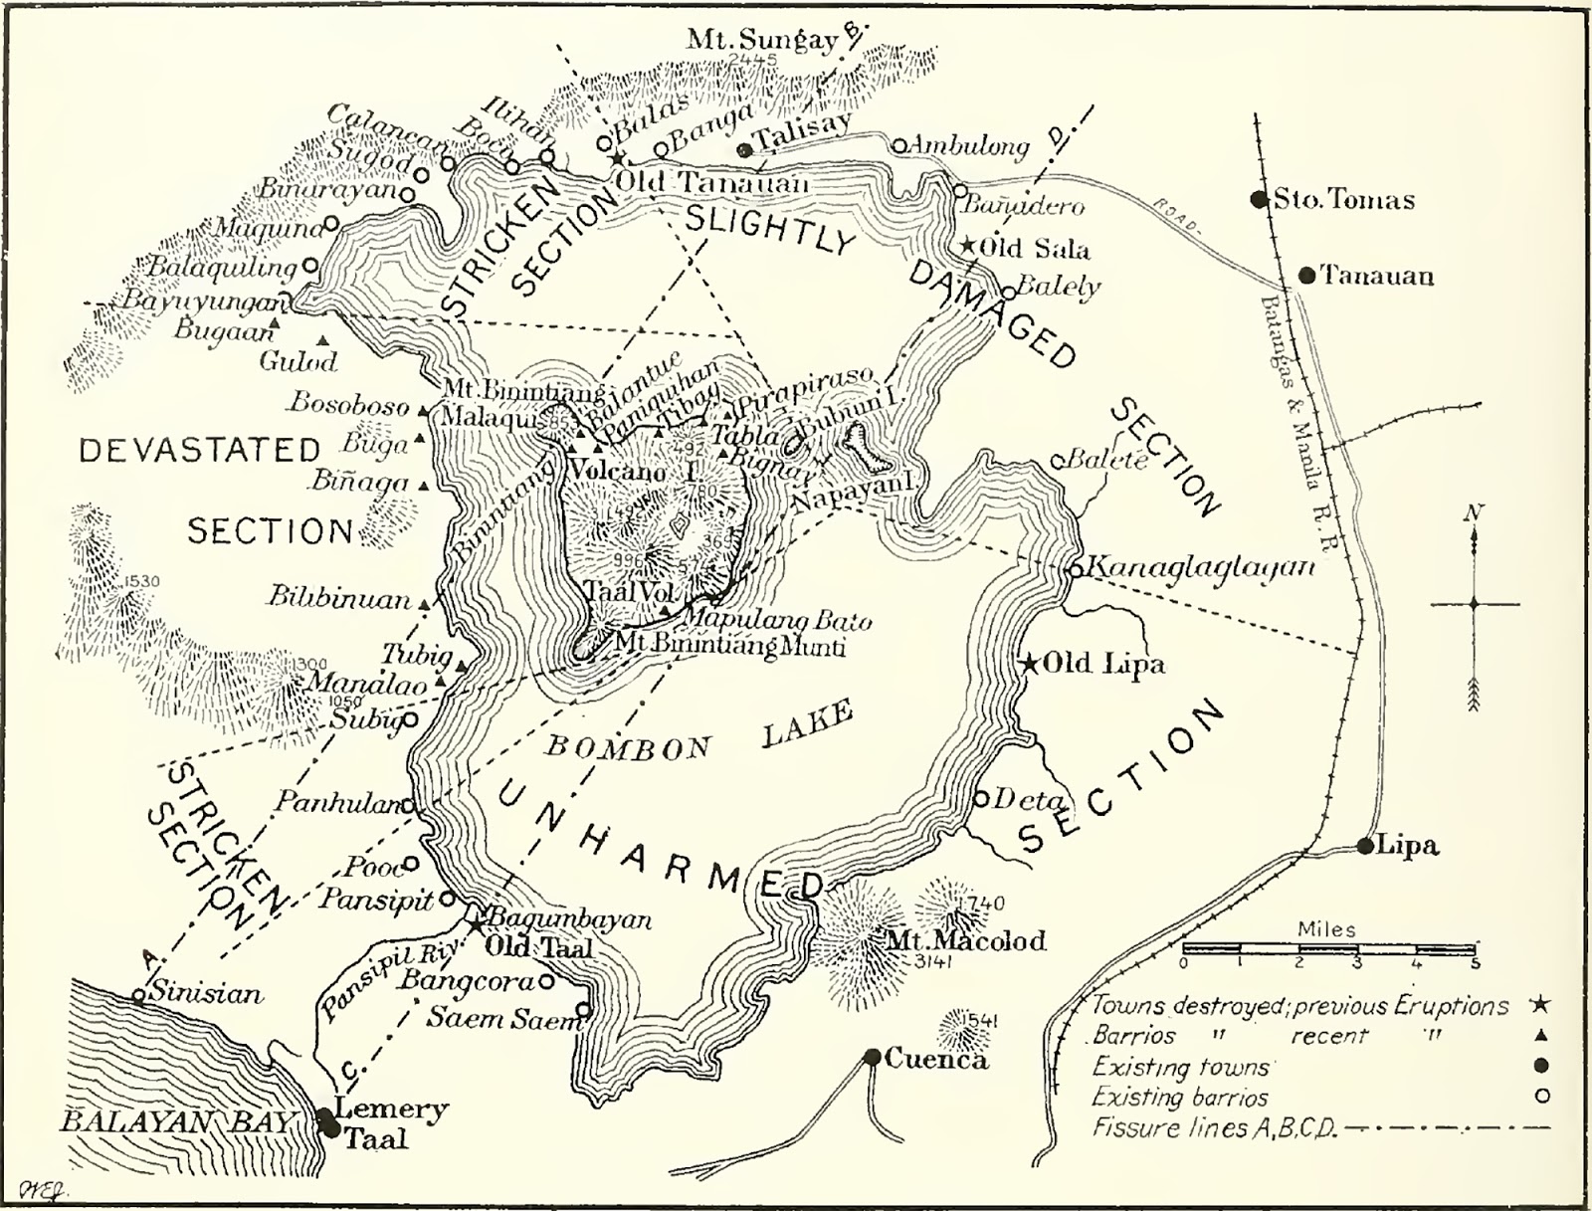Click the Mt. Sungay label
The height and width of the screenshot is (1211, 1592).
coord(763,41)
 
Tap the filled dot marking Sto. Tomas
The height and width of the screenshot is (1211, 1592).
coord(1261,199)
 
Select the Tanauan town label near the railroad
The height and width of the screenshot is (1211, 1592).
coord(1377,276)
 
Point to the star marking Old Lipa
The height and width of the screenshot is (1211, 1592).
coord(1030,663)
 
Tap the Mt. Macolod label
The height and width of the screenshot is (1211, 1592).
coord(966,940)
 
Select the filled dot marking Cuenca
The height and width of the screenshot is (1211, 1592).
coord(873,1057)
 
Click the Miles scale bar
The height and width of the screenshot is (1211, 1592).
coord(1328,948)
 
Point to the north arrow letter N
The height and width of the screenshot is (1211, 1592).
coord(1474,513)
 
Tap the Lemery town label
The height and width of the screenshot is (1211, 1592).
coord(391,1109)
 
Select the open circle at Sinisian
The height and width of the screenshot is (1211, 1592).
coord(140,995)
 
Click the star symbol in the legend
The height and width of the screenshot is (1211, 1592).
coord(1543,1005)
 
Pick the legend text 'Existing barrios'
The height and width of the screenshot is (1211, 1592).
coord(1180,1098)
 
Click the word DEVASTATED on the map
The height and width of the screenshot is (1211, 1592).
coord(200,451)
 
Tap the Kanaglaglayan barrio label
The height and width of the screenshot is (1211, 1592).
coord(1199,567)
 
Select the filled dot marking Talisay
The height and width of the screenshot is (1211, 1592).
coord(744,150)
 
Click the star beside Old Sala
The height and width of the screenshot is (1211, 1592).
coord(967,245)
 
